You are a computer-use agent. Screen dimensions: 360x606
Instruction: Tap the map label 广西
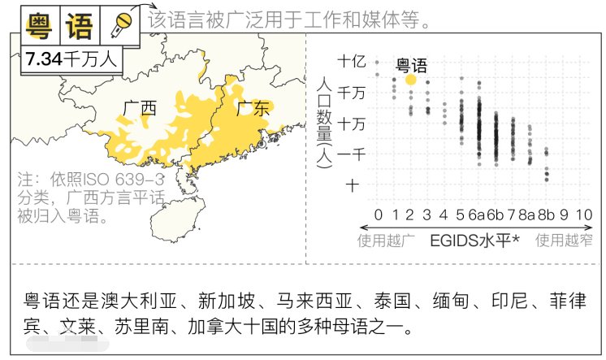pos(139,108)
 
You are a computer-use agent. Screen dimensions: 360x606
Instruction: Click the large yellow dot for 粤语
pos(411,80)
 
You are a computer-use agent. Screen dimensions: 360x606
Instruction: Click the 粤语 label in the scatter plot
pos(411,65)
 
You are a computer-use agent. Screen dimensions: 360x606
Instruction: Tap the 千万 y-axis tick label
pos(352,93)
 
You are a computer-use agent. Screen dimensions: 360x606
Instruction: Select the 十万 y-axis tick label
pos(352,124)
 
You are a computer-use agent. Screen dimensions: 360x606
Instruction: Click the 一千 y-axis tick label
pos(352,154)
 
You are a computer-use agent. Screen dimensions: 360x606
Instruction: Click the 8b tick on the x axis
pos(547,215)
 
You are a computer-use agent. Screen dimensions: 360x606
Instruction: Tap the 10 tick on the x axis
pos(582,215)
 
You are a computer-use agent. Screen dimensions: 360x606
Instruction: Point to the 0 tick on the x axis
pos(377,215)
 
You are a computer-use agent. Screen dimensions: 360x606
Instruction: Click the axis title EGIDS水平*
pos(474,240)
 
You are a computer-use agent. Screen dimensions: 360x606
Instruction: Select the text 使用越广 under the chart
pos(387,240)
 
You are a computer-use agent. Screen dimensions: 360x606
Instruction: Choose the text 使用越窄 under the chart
pos(565,240)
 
